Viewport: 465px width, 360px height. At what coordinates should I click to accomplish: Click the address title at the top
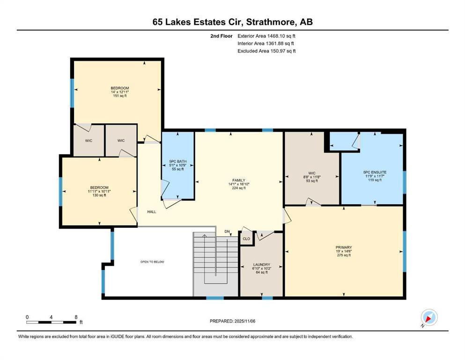click(x=233, y=22)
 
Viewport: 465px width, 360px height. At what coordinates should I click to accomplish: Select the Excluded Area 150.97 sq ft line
click(x=266, y=51)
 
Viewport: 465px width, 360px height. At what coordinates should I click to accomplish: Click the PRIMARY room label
click(x=343, y=247)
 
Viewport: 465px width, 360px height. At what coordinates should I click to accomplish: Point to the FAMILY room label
click(x=239, y=180)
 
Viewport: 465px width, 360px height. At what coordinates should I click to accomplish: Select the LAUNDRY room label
click(x=261, y=265)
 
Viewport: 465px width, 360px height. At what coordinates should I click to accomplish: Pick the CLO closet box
click(x=246, y=239)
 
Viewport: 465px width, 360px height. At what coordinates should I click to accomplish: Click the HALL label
click(x=152, y=211)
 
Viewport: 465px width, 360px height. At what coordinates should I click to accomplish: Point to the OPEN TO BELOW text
click(x=152, y=262)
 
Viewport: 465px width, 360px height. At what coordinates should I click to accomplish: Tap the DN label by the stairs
click(x=227, y=232)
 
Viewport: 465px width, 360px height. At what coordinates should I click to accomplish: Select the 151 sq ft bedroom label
click(x=119, y=96)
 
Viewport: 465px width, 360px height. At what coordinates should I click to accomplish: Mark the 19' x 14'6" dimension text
click(x=343, y=251)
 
